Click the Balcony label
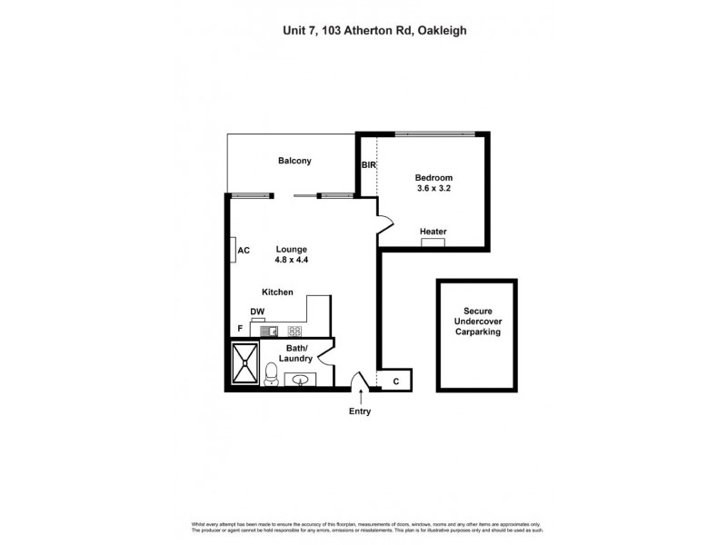pos(294,161)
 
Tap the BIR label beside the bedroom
pos(368,165)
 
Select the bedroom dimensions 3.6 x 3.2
pos(433,189)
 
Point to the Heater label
pos(433,232)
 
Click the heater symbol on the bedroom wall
pos(433,242)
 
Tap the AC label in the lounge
pos(244,251)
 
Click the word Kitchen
pos(277,292)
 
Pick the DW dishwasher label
pos(257,312)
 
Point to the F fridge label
pos(240,328)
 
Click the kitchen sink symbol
pos(270,331)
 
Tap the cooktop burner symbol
pos(294,331)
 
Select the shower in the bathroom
pos(245,364)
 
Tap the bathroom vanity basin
pos(300,379)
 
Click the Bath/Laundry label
pos(295,353)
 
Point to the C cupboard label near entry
pos(395,381)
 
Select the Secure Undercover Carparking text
pos(477,322)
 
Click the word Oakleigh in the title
pos(442,30)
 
